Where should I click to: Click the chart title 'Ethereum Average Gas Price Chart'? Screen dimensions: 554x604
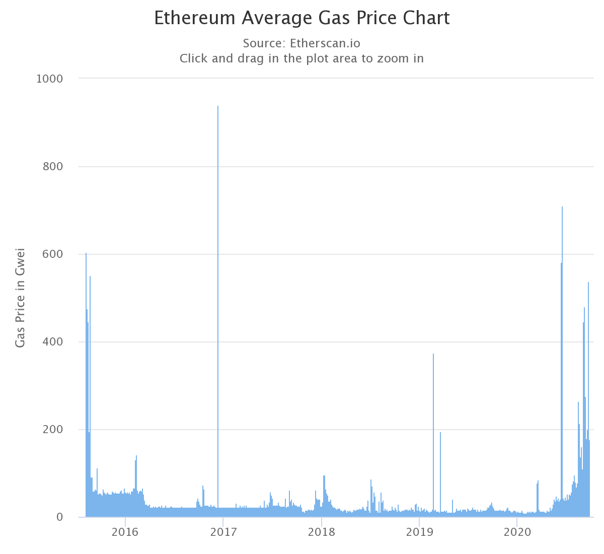pyautogui.click(x=301, y=18)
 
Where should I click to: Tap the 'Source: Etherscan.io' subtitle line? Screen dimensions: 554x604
pyautogui.click(x=301, y=42)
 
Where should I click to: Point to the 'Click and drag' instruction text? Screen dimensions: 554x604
pyautogui.click(x=301, y=58)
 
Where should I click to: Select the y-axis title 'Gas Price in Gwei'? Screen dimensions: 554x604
pyautogui.click(x=20, y=298)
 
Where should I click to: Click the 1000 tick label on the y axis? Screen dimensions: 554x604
pyautogui.click(x=49, y=79)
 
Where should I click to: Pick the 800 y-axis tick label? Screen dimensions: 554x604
pyautogui.click(x=52, y=166)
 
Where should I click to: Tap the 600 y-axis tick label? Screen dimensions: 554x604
pyautogui.click(x=52, y=254)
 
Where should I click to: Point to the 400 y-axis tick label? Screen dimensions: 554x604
pyautogui.click(x=52, y=342)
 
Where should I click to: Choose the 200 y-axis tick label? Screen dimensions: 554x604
pyautogui.click(x=52, y=430)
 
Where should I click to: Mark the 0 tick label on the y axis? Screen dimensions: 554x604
pyautogui.click(x=59, y=517)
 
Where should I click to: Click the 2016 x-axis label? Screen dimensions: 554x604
pyautogui.click(x=125, y=532)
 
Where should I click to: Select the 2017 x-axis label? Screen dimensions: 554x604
pyautogui.click(x=223, y=532)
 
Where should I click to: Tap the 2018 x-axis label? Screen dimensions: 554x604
pyautogui.click(x=321, y=532)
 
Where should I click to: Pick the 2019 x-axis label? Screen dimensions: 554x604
pyautogui.click(x=419, y=532)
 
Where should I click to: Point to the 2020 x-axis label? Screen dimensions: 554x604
pyautogui.click(x=517, y=532)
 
